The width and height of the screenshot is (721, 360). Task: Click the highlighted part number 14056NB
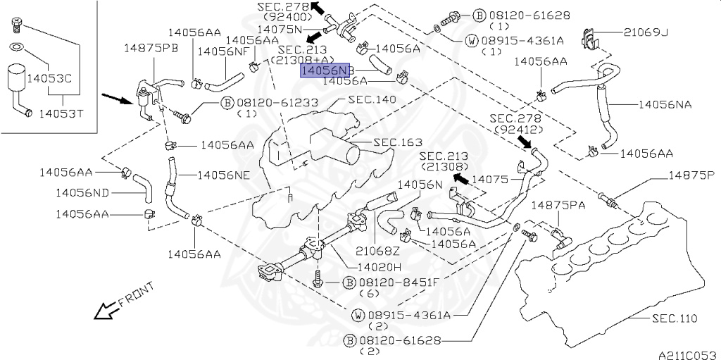point(325,71)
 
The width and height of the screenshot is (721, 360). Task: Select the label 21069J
point(646,32)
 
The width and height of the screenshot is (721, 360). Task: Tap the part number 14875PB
point(151,48)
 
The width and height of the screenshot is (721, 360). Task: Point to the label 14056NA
point(665,104)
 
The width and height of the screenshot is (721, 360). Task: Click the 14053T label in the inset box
point(60,112)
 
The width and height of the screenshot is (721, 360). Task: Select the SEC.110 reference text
point(674,318)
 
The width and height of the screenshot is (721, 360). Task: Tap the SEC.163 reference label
point(397,143)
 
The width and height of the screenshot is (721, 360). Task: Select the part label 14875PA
point(558,205)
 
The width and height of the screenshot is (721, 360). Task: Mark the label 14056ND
point(82,192)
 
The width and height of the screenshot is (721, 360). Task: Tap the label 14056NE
point(222,175)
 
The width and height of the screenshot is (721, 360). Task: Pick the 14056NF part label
point(223,51)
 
